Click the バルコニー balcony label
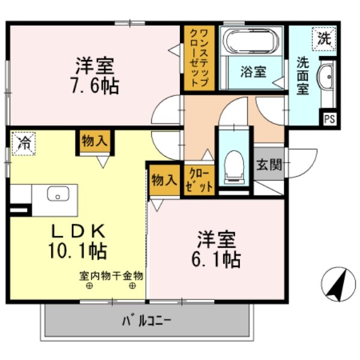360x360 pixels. click(x=147, y=320)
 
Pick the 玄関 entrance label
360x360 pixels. click(x=268, y=164)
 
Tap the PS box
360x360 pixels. click(x=329, y=118)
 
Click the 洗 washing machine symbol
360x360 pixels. click(x=323, y=40)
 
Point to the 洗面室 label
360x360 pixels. click(x=302, y=75)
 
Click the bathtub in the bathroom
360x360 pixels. click(x=251, y=42)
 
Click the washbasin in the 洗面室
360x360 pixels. click(x=327, y=77)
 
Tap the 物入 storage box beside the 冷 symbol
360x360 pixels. click(x=95, y=142)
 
